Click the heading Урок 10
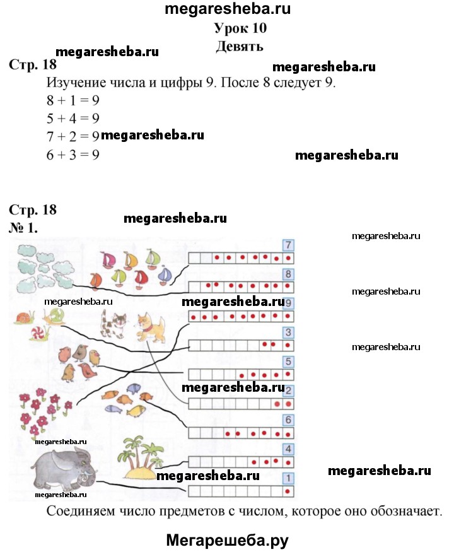pyautogui.click(x=240, y=28)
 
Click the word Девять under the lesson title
pyautogui.click(x=240, y=47)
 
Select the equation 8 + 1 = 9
pyautogui.click(x=73, y=101)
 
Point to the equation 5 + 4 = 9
pyautogui.click(x=73, y=119)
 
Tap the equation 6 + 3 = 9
pyautogui.click(x=73, y=155)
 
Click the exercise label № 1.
pyautogui.click(x=23, y=228)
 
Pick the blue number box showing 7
pyautogui.click(x=288, y=245)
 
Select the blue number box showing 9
pyautogui.click(x=288, y=303)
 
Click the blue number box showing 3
pyautogui.click(x=288, y=332)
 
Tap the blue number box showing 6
pyautogui.click(x=288, y=420)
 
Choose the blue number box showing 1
pyautogui.click(x=288, y=478)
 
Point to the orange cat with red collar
pyautogui.click(x=151, y=327)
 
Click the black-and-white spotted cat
pyautogui.click(x=113, y=324)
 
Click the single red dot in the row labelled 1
pyautogui.click(x=288, y=491)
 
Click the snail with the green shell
pyautogui.click(x=54, y=316)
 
